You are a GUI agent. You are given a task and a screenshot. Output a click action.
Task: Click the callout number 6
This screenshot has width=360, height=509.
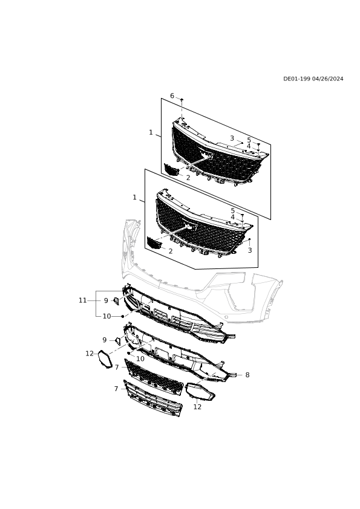[172, 96]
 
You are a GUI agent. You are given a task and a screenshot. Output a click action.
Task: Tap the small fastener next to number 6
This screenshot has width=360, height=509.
[182, 99]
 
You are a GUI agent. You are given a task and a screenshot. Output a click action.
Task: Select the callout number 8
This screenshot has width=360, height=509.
[247, 375]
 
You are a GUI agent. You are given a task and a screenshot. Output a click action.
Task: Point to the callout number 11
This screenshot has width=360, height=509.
[82, 300]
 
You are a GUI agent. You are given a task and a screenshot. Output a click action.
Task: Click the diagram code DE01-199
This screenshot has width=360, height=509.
[297, 79]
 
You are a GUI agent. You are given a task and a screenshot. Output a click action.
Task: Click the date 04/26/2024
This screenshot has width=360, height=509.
[328, 79]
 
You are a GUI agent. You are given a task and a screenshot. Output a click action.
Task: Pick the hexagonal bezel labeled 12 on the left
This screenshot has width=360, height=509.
[105, 359]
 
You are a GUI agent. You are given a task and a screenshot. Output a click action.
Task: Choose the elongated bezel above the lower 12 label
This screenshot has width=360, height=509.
[200, 392]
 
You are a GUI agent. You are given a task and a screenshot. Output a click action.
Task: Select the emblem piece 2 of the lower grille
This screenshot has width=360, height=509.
[154, 243]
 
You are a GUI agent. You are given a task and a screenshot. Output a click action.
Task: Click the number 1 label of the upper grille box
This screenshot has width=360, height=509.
[151, 132]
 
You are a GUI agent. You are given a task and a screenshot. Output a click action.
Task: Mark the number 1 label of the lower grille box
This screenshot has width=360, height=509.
[134, 197]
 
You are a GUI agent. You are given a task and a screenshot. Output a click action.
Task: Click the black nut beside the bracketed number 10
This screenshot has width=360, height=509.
[122, 316]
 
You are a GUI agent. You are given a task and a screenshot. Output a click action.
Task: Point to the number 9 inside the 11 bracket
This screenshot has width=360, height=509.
[106, 300]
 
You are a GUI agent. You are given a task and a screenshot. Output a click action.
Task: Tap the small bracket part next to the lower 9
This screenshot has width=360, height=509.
[117, 341]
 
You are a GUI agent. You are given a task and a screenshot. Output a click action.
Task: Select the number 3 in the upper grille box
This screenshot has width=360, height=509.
[232, 138]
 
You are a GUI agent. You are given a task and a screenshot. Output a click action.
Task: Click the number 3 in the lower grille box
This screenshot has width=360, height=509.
[250, 250]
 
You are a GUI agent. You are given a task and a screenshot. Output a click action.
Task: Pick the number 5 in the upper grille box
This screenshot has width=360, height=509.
[249, 140]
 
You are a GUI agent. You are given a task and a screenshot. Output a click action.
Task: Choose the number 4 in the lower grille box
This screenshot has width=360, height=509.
[232, 217]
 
